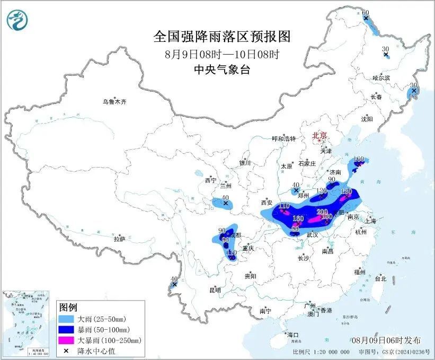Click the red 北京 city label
pyautogui.click(x=319, y=135)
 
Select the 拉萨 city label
pyautogui.click(x=119, y=239)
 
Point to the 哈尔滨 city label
pyautogui.click(x=380, y=78)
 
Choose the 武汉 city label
pyautogui.click(x=312, y=234)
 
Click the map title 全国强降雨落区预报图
pyautogui.click(x=222, y=37)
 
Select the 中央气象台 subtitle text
pyautogui.click(x=222, y=69)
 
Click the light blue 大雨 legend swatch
pyautogui.click(x=67, y=319)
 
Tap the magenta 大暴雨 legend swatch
pyautogui.click(x=67, y=339)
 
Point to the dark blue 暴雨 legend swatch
pyautogui.click(x=67, y=329)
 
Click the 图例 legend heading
pyautogui.click(x=68, y=308)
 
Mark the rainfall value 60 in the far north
pyautogui.click(x=365, y=13)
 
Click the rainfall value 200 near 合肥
pyautogui.click(x=322, y=212)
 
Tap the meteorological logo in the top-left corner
pyautogui.click(x=17, y=20)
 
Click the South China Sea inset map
pyautogui.click(x=26, y=324)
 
